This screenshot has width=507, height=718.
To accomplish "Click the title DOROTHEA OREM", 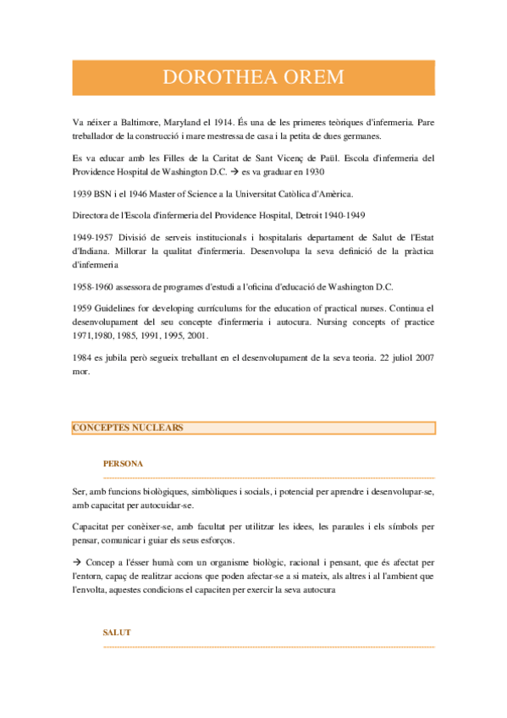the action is pos(253,78).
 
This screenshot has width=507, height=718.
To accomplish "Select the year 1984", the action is pos(85,358).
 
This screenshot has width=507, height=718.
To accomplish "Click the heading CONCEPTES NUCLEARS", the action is pos(127,428).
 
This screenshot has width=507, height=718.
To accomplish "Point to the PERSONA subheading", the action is pos(123,463).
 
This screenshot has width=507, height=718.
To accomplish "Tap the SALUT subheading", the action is pos(117,632).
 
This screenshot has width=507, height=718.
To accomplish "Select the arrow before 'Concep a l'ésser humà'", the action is pos(78,561).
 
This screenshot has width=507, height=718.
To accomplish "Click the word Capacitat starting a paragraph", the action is pos(95,527).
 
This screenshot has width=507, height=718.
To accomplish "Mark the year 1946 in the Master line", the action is pos(165,194).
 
